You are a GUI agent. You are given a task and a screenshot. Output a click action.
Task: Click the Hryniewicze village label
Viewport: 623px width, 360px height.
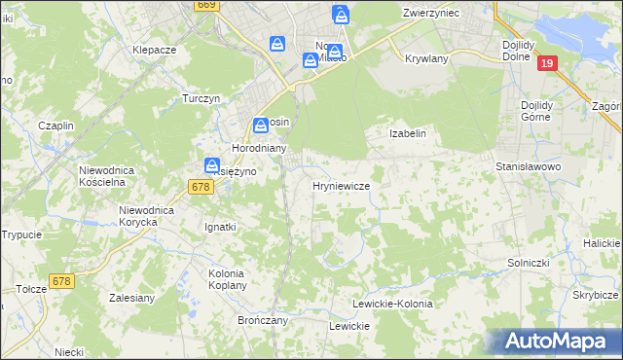click(341, 185)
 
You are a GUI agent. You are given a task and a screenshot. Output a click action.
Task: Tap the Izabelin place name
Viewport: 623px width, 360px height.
click(408, 133)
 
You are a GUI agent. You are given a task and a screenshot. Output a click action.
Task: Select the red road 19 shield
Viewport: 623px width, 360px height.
click(547, 63)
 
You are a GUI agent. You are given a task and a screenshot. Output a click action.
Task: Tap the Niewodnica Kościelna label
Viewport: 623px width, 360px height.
click(112, 176)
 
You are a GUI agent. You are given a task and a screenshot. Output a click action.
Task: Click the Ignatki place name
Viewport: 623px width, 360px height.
click(219, 227)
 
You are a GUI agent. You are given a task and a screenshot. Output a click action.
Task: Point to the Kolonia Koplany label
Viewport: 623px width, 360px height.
click(232, 280)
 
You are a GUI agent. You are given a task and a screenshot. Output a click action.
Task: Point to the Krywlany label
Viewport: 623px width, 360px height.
click(425, 58)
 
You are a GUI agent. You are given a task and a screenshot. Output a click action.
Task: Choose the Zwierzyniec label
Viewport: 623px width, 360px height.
click(430, 13)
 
